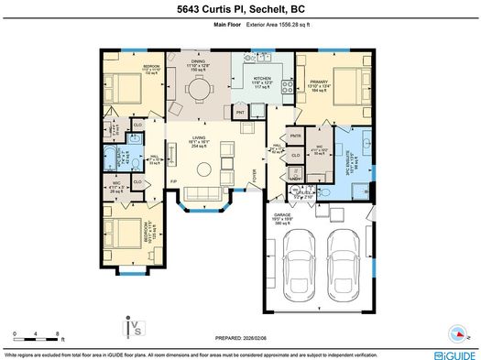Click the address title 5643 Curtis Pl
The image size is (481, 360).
point(241,11)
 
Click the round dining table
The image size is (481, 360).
point(199,90)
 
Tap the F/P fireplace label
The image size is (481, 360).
point(173,182)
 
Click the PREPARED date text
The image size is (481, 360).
point(240,334)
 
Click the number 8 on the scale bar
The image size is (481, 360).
point(58,334)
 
